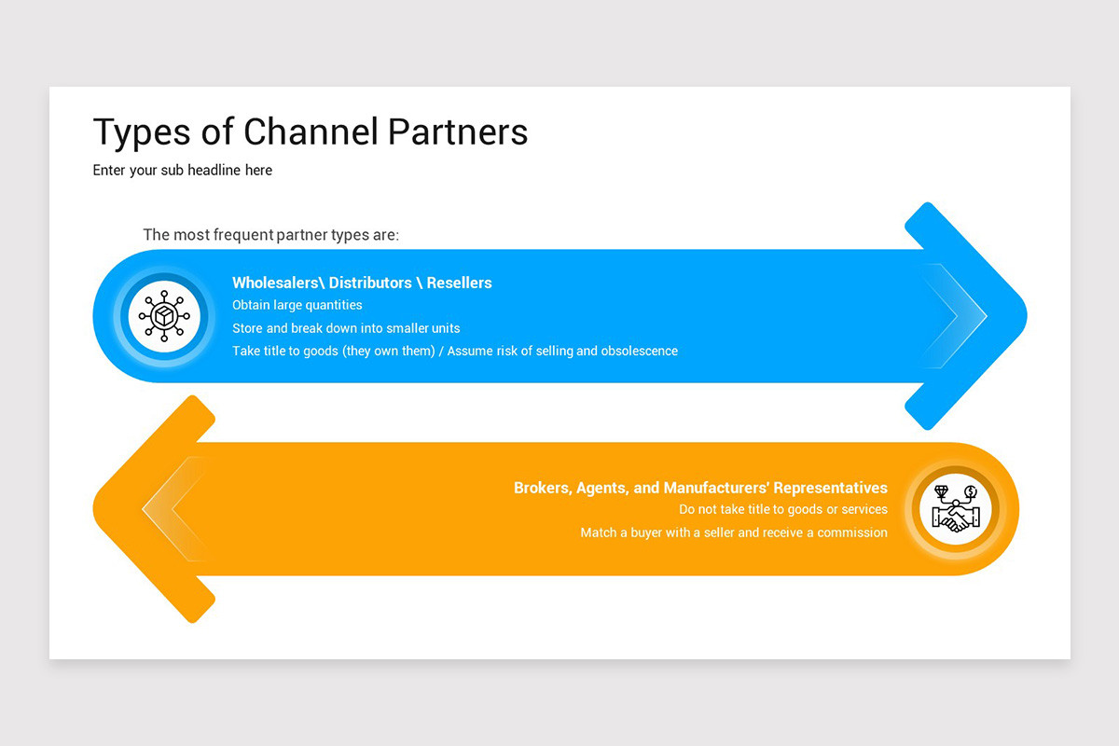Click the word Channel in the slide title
pyautogui.click(x=311, y=132)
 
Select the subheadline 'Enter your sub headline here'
pyautogui.click(x=183, y=170)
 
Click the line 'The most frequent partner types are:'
pyautogui.click(x=270, y=234)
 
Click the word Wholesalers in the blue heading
pyautogui.click(x=275, y=283)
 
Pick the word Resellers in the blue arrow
pyautogui.click(x=459, y=283)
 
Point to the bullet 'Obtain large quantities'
pyautogui.click(x=297, y=305)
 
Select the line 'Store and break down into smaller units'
pyautogui.click(x=346, y=328)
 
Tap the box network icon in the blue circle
pyautogui.click(x=164, y=316)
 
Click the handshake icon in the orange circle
pyautogui.click(x=952, y=509)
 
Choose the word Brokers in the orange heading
pyautogui.click(x=542, y=488)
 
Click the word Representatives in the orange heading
pyautogui.click(x=830, y=488)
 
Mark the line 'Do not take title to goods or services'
pyautogui.click(x=782, y=510)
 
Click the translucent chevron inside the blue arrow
pyautogui.click(x=956, y=316)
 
